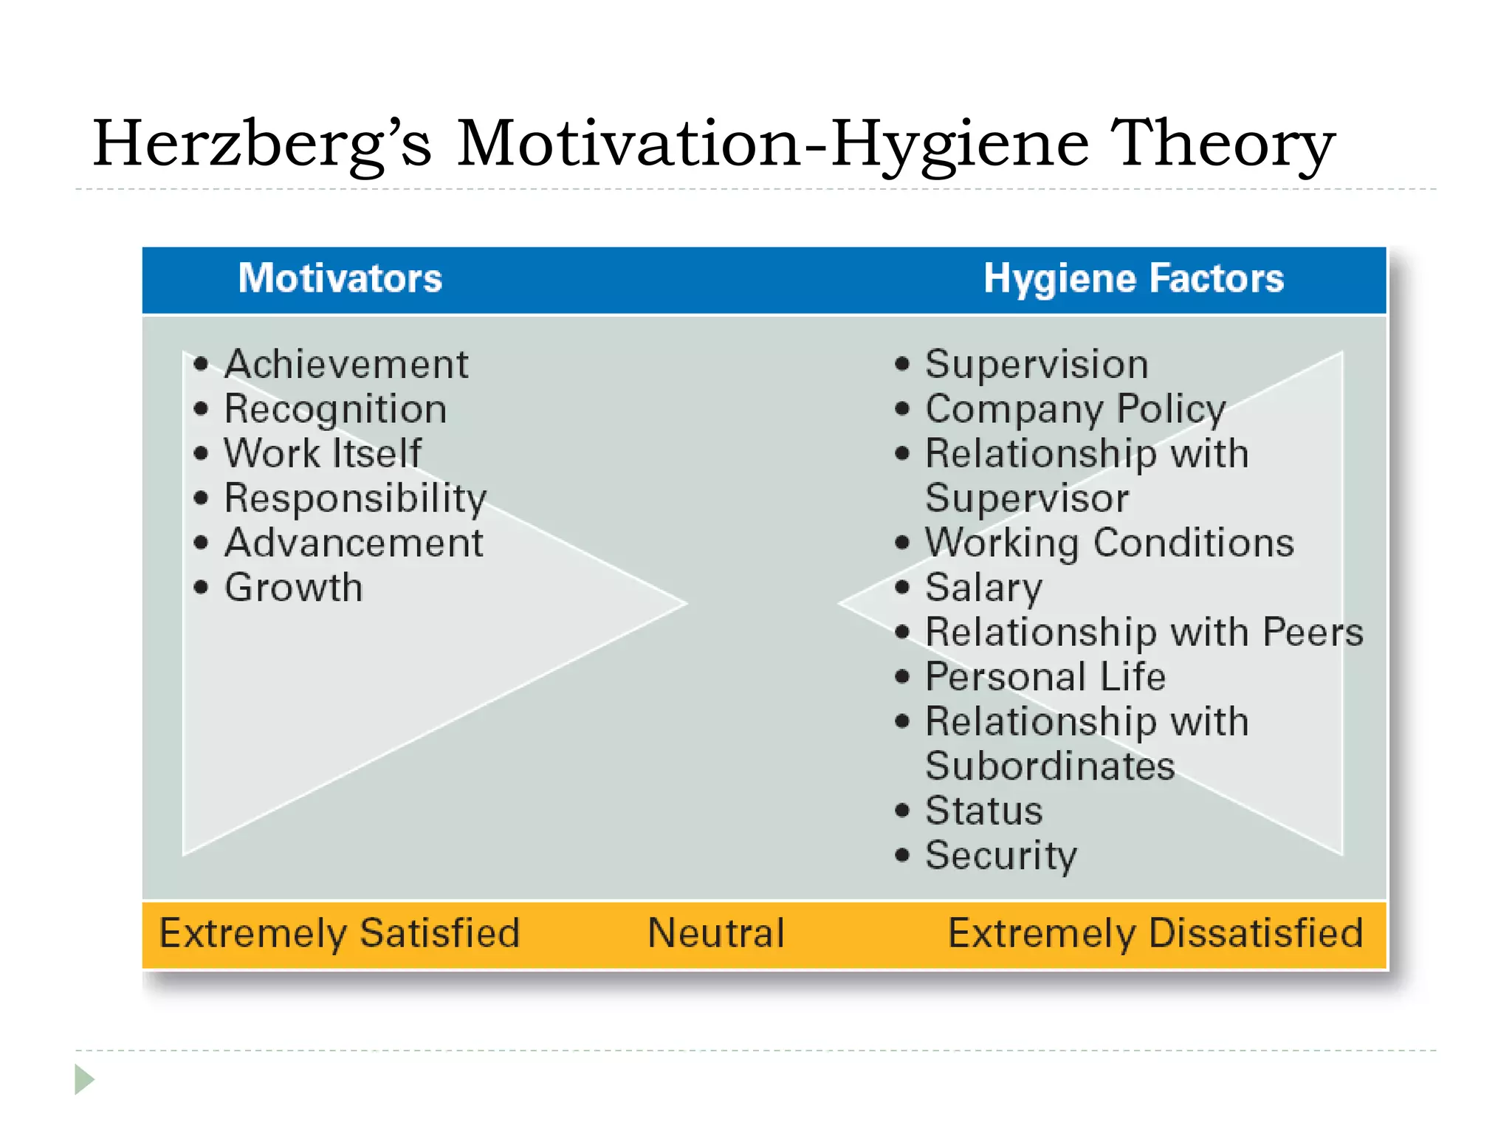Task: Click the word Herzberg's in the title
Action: point(261,144)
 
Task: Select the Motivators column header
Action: point(340,279)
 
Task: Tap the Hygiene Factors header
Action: point(1133,279)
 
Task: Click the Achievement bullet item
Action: point(346,365)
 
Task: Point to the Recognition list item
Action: point(335,410)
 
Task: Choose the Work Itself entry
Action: point(323,453)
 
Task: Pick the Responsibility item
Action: point(355,499)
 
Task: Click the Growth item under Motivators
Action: point(294,588)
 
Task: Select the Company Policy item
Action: point(1075,410)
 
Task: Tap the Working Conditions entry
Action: point(1109,544)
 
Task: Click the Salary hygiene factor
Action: point(983,588)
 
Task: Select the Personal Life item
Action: point(1045,677)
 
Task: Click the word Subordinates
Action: point(1049,766)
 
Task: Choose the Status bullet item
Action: point(983,811)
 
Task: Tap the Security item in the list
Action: point(1001,856)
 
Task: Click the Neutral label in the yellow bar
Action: point(715,933)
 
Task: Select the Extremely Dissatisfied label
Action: point(1155,933)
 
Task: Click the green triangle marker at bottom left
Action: point(83,1079)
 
